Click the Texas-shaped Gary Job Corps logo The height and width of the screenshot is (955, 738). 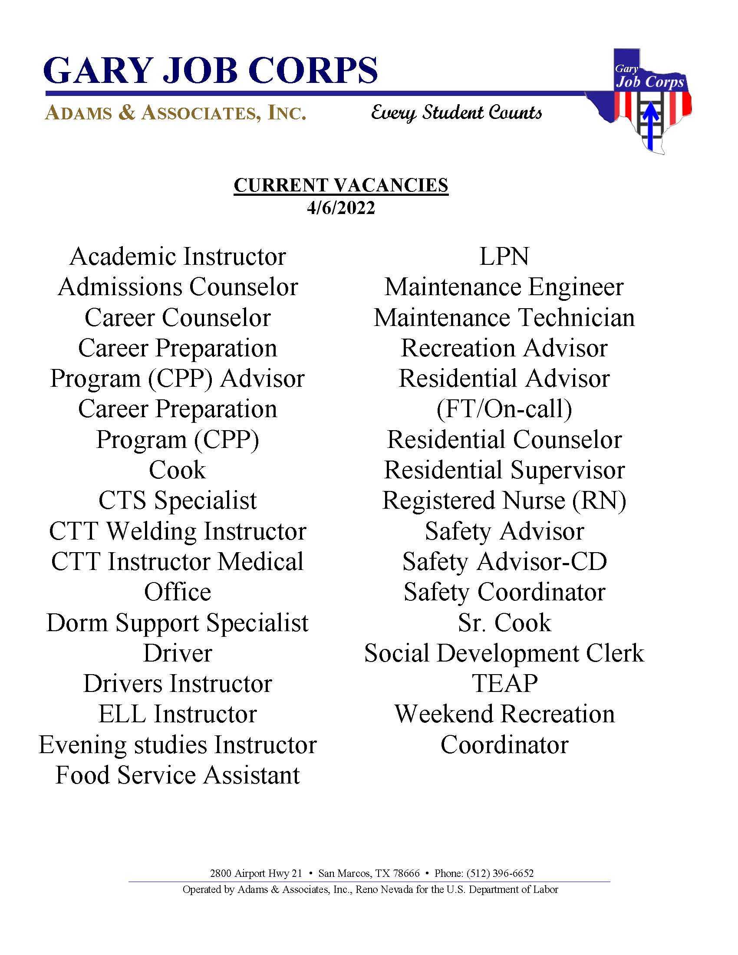coord(642,101)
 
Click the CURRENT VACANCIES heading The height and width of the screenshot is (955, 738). coord(341,185)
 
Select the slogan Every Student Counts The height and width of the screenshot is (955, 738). coord(456,113)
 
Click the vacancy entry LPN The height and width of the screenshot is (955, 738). coord(504,257)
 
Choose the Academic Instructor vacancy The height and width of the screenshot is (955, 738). coord(178,257)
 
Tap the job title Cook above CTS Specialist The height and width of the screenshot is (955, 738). coord(177,471)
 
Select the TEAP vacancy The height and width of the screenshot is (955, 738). coord(504,684)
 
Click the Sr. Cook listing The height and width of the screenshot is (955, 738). coord(504,622)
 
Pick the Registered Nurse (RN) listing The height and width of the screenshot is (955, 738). coord(504,501)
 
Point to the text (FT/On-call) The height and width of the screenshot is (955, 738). coord(504,409)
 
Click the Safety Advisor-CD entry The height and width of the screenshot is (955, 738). coord(504,562)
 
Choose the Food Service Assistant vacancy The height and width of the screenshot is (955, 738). coord(178,775)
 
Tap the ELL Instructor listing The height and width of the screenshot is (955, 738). coord(178,715)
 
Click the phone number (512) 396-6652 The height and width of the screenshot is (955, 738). coord(500,874)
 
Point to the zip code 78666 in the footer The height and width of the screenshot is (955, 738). coord(406,874)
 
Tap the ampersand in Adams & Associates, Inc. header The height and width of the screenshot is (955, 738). coord(126,113)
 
